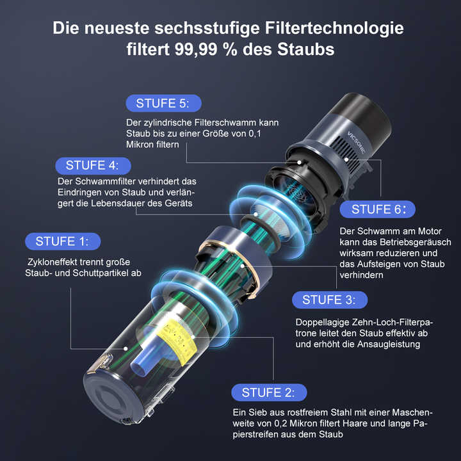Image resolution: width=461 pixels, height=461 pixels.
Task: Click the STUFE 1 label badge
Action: [x=63, y=241]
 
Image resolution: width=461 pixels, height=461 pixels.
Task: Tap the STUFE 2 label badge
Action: [x=268, y=392]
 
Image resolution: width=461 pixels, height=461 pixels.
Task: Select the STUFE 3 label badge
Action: [x=329, y=300]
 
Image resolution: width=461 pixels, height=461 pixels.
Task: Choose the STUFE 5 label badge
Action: [x=164, y=103]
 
